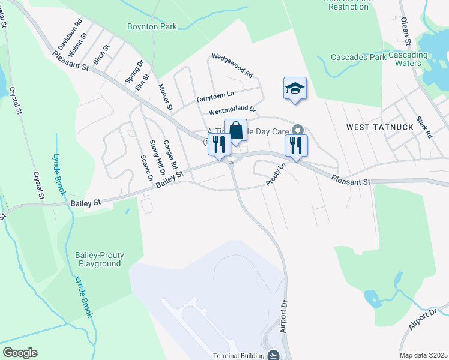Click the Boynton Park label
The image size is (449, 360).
152,26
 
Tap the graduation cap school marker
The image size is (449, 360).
295,89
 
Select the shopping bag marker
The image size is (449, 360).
236,130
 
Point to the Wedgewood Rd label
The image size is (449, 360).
232,67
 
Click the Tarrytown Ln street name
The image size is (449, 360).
214,97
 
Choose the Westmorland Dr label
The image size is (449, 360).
232,111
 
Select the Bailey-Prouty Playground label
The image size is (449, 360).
99,260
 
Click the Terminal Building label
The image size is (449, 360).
239,355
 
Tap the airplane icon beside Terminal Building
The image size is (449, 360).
274,355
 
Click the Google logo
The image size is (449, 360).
20,353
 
